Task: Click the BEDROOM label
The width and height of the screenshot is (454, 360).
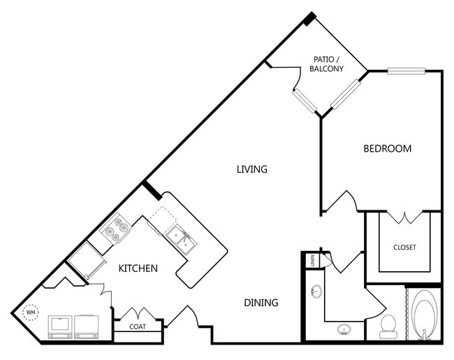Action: click(x=388, y=148)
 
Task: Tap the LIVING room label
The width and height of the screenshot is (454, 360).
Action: click(x=252, y=169)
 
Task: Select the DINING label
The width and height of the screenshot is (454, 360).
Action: click(x=261, y=303)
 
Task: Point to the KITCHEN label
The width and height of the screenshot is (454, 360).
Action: click(x=138, y=268)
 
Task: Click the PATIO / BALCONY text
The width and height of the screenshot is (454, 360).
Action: click(x=326, y=64)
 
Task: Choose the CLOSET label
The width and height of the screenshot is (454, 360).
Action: click(x=404, y=247)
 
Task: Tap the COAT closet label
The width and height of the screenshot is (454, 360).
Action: click(x=138, y=326)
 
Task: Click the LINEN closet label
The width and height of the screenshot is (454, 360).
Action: click(x=313, y=260)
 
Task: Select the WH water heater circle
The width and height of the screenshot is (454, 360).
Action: click(x=31, y=312)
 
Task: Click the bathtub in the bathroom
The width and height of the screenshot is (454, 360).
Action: click(x=425, y=314)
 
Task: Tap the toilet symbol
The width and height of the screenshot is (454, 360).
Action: click(x=388, y=326)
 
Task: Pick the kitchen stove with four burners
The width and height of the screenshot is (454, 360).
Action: click(x=116, y=228)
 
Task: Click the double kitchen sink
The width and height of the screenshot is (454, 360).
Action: click(x=182, y=240)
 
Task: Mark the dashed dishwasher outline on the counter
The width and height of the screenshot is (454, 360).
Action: click(x=162, y=220)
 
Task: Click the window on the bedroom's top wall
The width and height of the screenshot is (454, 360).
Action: click(x=407, y=71)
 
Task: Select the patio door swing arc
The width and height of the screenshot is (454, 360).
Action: click(x=298, y=79)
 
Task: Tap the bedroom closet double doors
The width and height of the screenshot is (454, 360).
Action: click(x=404, y=217)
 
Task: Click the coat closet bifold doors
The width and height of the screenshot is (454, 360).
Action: click(x=138, y=314)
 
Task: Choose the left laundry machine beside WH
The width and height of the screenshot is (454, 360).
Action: click(x=60, y=326)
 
